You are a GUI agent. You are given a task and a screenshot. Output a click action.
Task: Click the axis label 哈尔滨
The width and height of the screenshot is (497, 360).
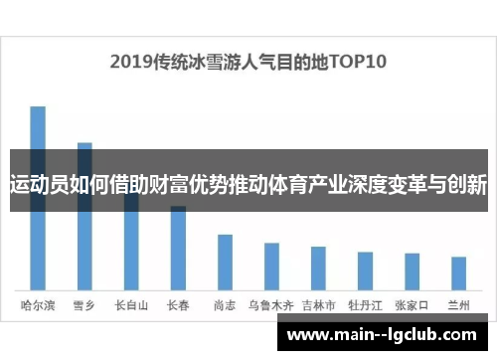click(x=38, y=305)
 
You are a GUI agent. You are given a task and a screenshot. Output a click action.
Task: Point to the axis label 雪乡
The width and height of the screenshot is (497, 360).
click(x=84, y=305)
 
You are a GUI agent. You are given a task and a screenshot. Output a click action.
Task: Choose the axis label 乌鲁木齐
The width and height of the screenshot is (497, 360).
click(x=271, y=305)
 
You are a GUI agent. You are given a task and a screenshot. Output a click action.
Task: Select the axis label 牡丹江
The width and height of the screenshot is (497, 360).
click(x=365, y=305)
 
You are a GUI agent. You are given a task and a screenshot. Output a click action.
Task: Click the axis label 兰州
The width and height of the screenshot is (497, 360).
click(x=458, y=305)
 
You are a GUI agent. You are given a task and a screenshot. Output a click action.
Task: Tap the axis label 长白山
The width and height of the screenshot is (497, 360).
click(x=131, y=305)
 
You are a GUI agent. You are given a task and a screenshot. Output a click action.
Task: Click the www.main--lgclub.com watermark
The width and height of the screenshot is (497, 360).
click(x=383, y=335)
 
